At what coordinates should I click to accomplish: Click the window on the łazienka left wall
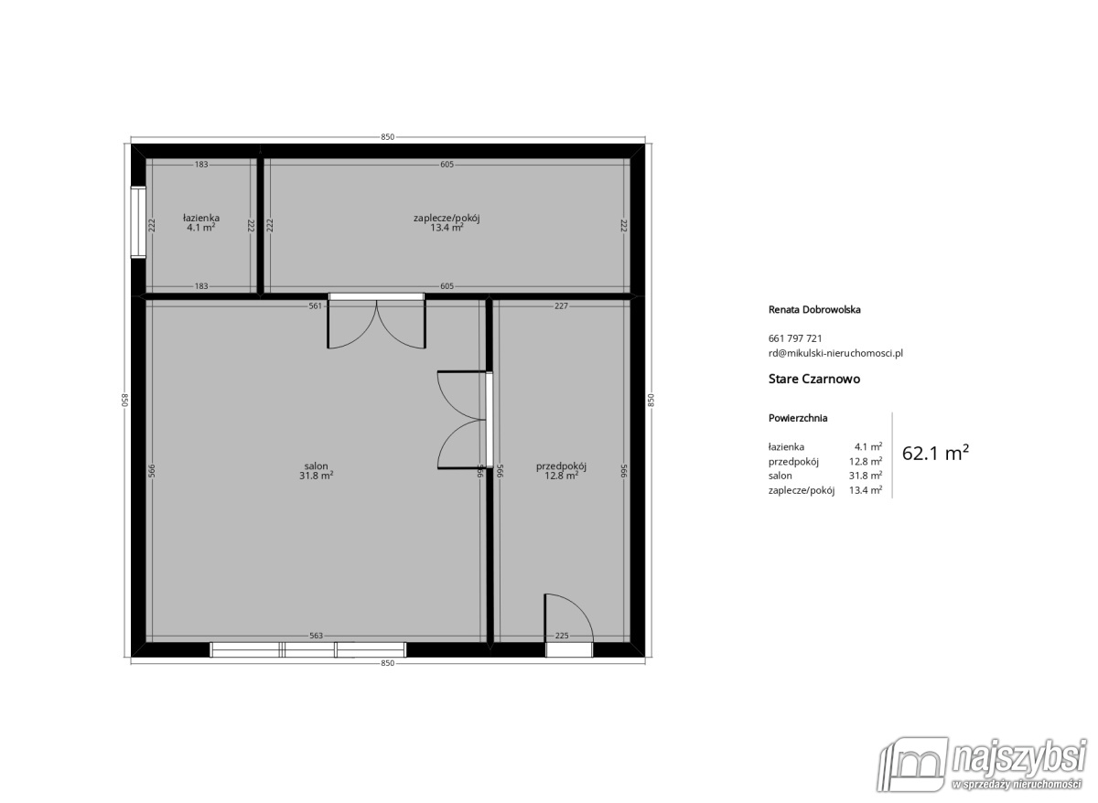(x=138, y=222)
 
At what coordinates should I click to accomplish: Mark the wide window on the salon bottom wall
(x=308, y=649)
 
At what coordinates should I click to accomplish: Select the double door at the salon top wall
(x=376, y=323)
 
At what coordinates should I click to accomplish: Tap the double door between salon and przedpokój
(x=464, y=421)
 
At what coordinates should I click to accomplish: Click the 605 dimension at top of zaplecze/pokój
(x=447, y=165)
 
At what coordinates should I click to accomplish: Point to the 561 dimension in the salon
(x=315, y=306)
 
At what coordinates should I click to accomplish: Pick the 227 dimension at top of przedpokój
(x=561, y=306)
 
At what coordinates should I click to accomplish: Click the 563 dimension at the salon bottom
(x=315, y=636)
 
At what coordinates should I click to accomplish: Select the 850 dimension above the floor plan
(x=387, y=137)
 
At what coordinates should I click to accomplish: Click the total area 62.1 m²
(x=935, y=453)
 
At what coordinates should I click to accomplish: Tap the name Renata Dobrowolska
(x=814, y=309)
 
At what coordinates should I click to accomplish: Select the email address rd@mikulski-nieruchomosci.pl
(x=836, y=352)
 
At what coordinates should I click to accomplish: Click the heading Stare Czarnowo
(x=814, y=378)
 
